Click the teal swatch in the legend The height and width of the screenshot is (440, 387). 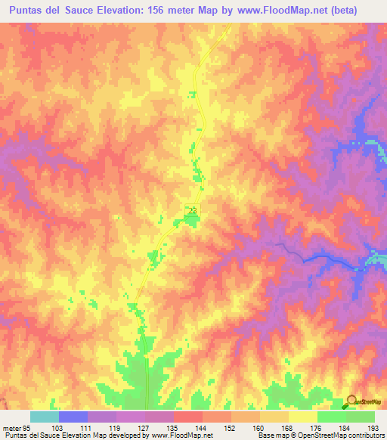45,417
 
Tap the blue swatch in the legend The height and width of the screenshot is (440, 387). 73,417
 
